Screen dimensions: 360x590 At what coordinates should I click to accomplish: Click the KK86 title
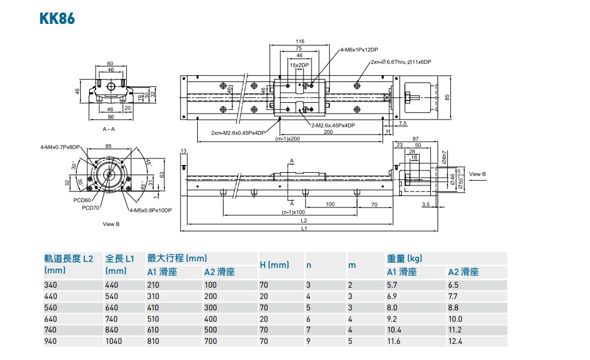57,18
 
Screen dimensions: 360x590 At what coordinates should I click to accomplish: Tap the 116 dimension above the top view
299,41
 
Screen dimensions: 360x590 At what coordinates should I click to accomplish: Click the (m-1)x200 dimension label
287,139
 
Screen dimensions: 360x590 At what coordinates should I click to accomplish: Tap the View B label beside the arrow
477,174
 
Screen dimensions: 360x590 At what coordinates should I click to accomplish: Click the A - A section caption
109,129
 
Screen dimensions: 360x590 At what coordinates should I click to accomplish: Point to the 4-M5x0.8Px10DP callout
150,210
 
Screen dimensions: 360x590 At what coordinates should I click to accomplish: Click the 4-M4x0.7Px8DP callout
60,147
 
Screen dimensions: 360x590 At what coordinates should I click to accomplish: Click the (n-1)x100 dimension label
294,212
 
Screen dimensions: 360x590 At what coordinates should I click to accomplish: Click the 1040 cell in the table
114,341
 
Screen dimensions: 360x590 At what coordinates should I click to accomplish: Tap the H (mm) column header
274,264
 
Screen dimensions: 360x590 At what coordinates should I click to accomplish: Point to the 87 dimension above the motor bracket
414,139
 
